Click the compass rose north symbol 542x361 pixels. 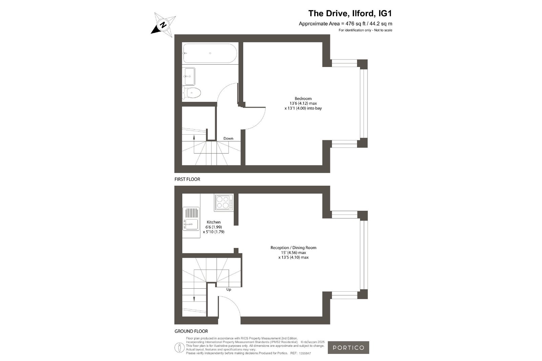(163, 25)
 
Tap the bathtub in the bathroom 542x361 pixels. (210, 53)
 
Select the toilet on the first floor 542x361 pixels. (192, 93)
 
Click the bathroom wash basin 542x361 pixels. (189, 76)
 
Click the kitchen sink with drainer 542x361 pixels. (191, 219)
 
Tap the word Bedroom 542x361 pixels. (303, 98)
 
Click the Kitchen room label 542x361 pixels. (213, 222)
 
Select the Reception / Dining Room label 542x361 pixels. (293, 248)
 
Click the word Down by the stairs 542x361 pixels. (228, 138)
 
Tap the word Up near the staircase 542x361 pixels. (229, 290)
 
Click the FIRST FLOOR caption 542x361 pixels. (187, 179)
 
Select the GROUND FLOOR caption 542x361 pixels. (191, 331)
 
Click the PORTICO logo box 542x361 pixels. (349, 347)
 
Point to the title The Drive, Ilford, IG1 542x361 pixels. (350, 13)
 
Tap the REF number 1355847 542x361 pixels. (305, 353)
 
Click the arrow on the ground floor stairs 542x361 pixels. (194, 295)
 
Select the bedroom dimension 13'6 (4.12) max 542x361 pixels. (303, 104)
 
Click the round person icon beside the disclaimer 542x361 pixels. (179, 348)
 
